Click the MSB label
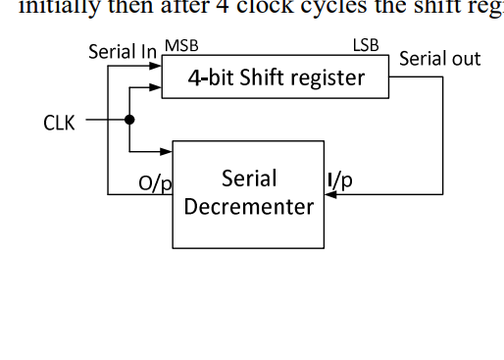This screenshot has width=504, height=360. pyautogui.click(x=180, y=46)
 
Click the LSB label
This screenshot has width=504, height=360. pyautogui.click(x=366, y=46)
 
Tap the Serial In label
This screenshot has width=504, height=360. pyautogui.click(x=123, y=51)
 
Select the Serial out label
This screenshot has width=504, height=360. pyautogui.click(x=440, y=59)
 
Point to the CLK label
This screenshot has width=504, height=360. pyautogui.click(x=59, y=123)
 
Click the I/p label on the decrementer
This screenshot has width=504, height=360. pyautogui.click(x=340, y=180)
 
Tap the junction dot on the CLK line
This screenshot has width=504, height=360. pyautogui.click(x=129, y=121)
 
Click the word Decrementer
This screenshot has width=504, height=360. pyautogui.click(x=249, y=206)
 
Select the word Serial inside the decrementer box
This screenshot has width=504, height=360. pyautogui.click(x=249, y=179)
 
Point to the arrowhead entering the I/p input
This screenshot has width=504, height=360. pyautogui.click(x=329, y=194)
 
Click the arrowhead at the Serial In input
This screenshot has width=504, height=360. pyautogui.click(x=156, y=68)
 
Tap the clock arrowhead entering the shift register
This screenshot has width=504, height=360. pyautogui.click(x=156, y=86)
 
